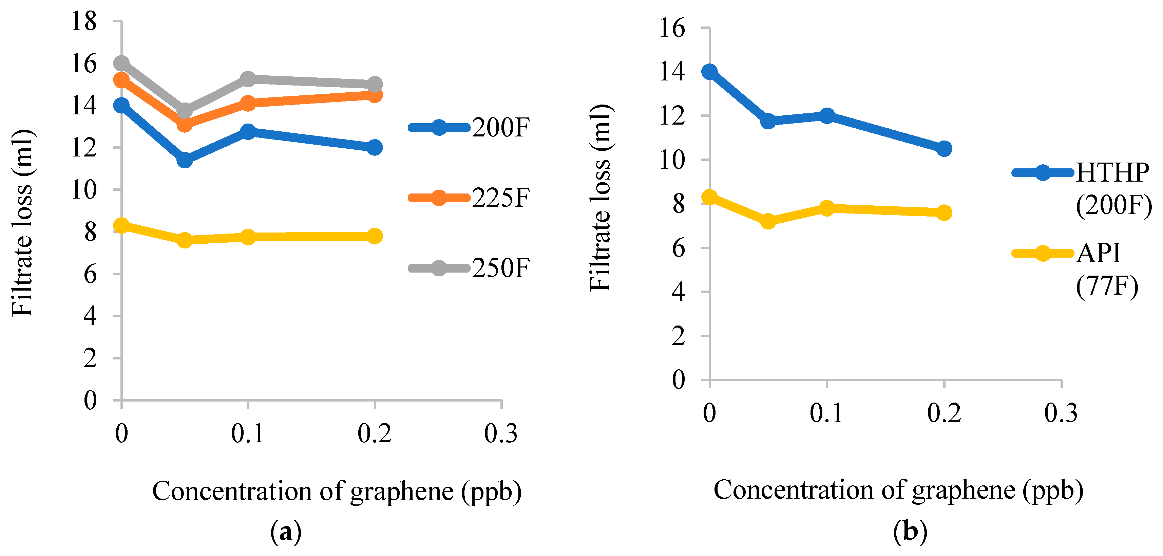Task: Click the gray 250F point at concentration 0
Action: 121,63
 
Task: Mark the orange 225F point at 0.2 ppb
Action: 374,95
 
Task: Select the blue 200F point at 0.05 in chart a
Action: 184,160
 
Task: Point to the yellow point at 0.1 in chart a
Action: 248,237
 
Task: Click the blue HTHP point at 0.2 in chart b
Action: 943,148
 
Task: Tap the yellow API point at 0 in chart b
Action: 709,197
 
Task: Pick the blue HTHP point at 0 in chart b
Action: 709,71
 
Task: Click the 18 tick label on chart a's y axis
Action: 84,21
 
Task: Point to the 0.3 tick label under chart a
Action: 501,433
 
